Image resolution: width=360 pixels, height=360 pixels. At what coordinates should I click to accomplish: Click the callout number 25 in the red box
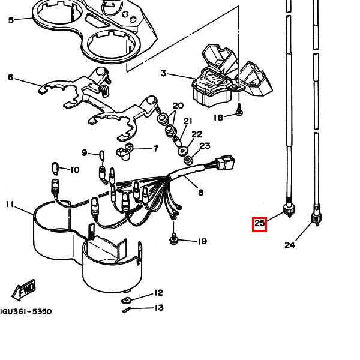coord(259,224)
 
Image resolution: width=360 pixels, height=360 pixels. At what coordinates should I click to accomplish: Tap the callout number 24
coord(290,245)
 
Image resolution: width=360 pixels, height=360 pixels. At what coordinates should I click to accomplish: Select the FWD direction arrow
coord(23,290)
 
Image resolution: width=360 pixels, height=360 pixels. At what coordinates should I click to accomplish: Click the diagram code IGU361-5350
coord(26,311)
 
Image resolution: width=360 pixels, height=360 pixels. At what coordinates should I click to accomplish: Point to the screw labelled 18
coord(239,110)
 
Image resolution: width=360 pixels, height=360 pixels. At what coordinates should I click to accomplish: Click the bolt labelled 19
coord(173,239)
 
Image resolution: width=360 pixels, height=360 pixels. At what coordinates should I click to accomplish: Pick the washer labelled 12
coord(126,300)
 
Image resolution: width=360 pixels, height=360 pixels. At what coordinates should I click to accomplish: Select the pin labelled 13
coord(127,310)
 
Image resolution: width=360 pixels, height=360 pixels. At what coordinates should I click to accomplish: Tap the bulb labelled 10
coord(55,168)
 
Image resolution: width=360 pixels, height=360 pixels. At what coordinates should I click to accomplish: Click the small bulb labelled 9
coord(102,155)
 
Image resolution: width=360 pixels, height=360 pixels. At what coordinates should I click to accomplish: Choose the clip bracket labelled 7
coord(124,151)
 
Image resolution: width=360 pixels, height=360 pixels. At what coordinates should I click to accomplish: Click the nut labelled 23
coord(188,160)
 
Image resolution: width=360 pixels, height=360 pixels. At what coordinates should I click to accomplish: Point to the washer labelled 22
coord(183,151)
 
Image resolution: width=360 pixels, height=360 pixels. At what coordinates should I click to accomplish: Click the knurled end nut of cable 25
coord(289,209)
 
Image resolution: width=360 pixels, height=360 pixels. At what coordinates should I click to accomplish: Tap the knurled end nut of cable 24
coord(316,218)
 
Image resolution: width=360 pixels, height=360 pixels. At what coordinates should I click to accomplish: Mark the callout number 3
coord(163,73)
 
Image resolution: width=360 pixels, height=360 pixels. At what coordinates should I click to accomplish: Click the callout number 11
coord(10,204)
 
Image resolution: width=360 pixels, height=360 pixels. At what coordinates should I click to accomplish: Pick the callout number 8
coord(200,192)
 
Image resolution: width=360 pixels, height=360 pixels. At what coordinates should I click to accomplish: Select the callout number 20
coord(178,106)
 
